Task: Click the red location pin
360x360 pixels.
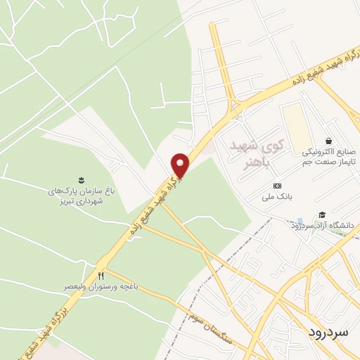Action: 181,165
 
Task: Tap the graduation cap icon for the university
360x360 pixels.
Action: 322,214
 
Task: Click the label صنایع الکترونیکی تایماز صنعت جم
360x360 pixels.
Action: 330,156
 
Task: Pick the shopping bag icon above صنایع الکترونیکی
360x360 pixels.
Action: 328,139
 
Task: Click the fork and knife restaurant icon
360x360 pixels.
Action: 101,275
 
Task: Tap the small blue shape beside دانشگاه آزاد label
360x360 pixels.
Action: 301,222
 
